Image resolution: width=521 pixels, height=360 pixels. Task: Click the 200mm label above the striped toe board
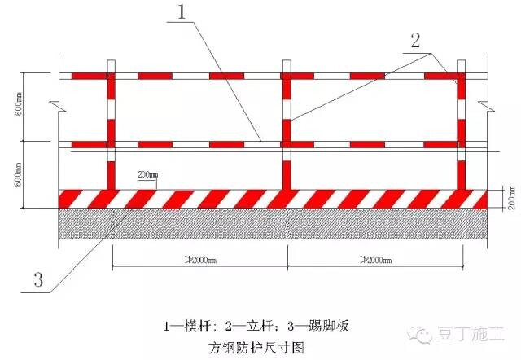pos(148,174)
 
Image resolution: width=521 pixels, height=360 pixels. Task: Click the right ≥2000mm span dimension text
pos(374,261)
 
